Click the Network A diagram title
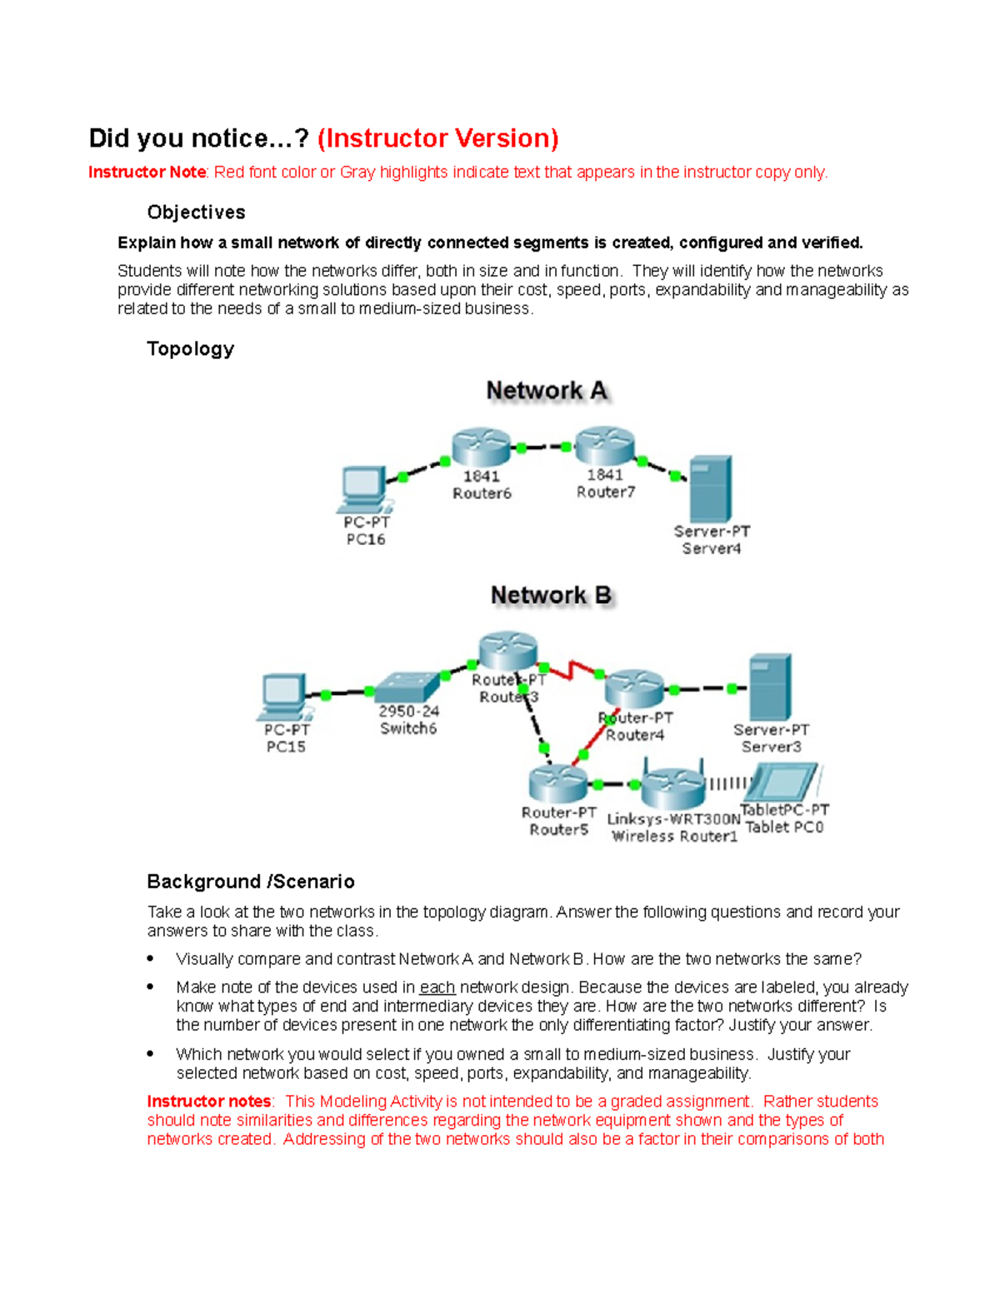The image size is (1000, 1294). pyautogui.click(x=547, y=391)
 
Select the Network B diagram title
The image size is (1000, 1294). pyautogui.click(x=551, y=596)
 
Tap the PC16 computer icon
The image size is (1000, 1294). pyautogui.click(x=365, y=489)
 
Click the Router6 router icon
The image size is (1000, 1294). pyautogui.click(x=481, y=447)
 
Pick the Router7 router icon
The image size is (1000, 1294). pyautogui.click(x=605, y=446)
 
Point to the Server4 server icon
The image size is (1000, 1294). pyautogui.click(x=711, y=489)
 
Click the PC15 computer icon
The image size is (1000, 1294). pyautogui.click(x=285, y=696)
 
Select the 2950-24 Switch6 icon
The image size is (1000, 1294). pyautogui.click(x=407, y=687)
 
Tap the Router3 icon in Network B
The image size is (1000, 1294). pyautogui.click(x=507, y=652)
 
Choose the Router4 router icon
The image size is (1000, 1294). pyautogui.click(x=634, y=689)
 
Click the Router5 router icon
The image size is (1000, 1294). pyautogui.click(x=557, y=783)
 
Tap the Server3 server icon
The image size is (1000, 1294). pyautogui.click(x=770, y=687)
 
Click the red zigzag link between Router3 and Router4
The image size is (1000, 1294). pyautogui.click(x=573, y=669)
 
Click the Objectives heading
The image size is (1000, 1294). pyautogui.click(x=196, y=212)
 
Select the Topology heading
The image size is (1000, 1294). pyautogui.click(x=190, y=348)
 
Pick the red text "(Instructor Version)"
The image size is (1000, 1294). pyautogui.click(x=437, y=138)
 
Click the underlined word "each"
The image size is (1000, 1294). pyautogui.click(x=437, y=987)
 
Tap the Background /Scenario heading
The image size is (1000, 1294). pyautogui.click(x=250, y=882)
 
